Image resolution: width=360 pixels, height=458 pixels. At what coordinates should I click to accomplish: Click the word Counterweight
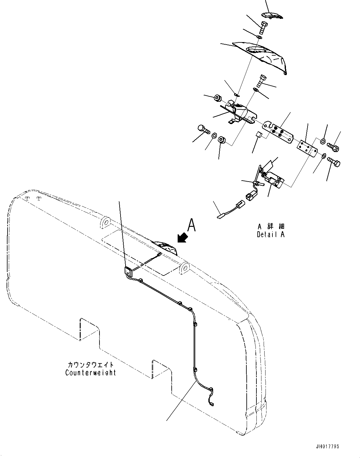tap(91, 373)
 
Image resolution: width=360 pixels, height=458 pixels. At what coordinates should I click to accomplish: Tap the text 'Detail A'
tap(271, 234)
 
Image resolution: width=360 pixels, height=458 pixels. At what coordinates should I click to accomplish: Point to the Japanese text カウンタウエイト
tap(91, 365)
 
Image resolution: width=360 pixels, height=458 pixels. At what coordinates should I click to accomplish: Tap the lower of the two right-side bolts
tap(334, 162)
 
